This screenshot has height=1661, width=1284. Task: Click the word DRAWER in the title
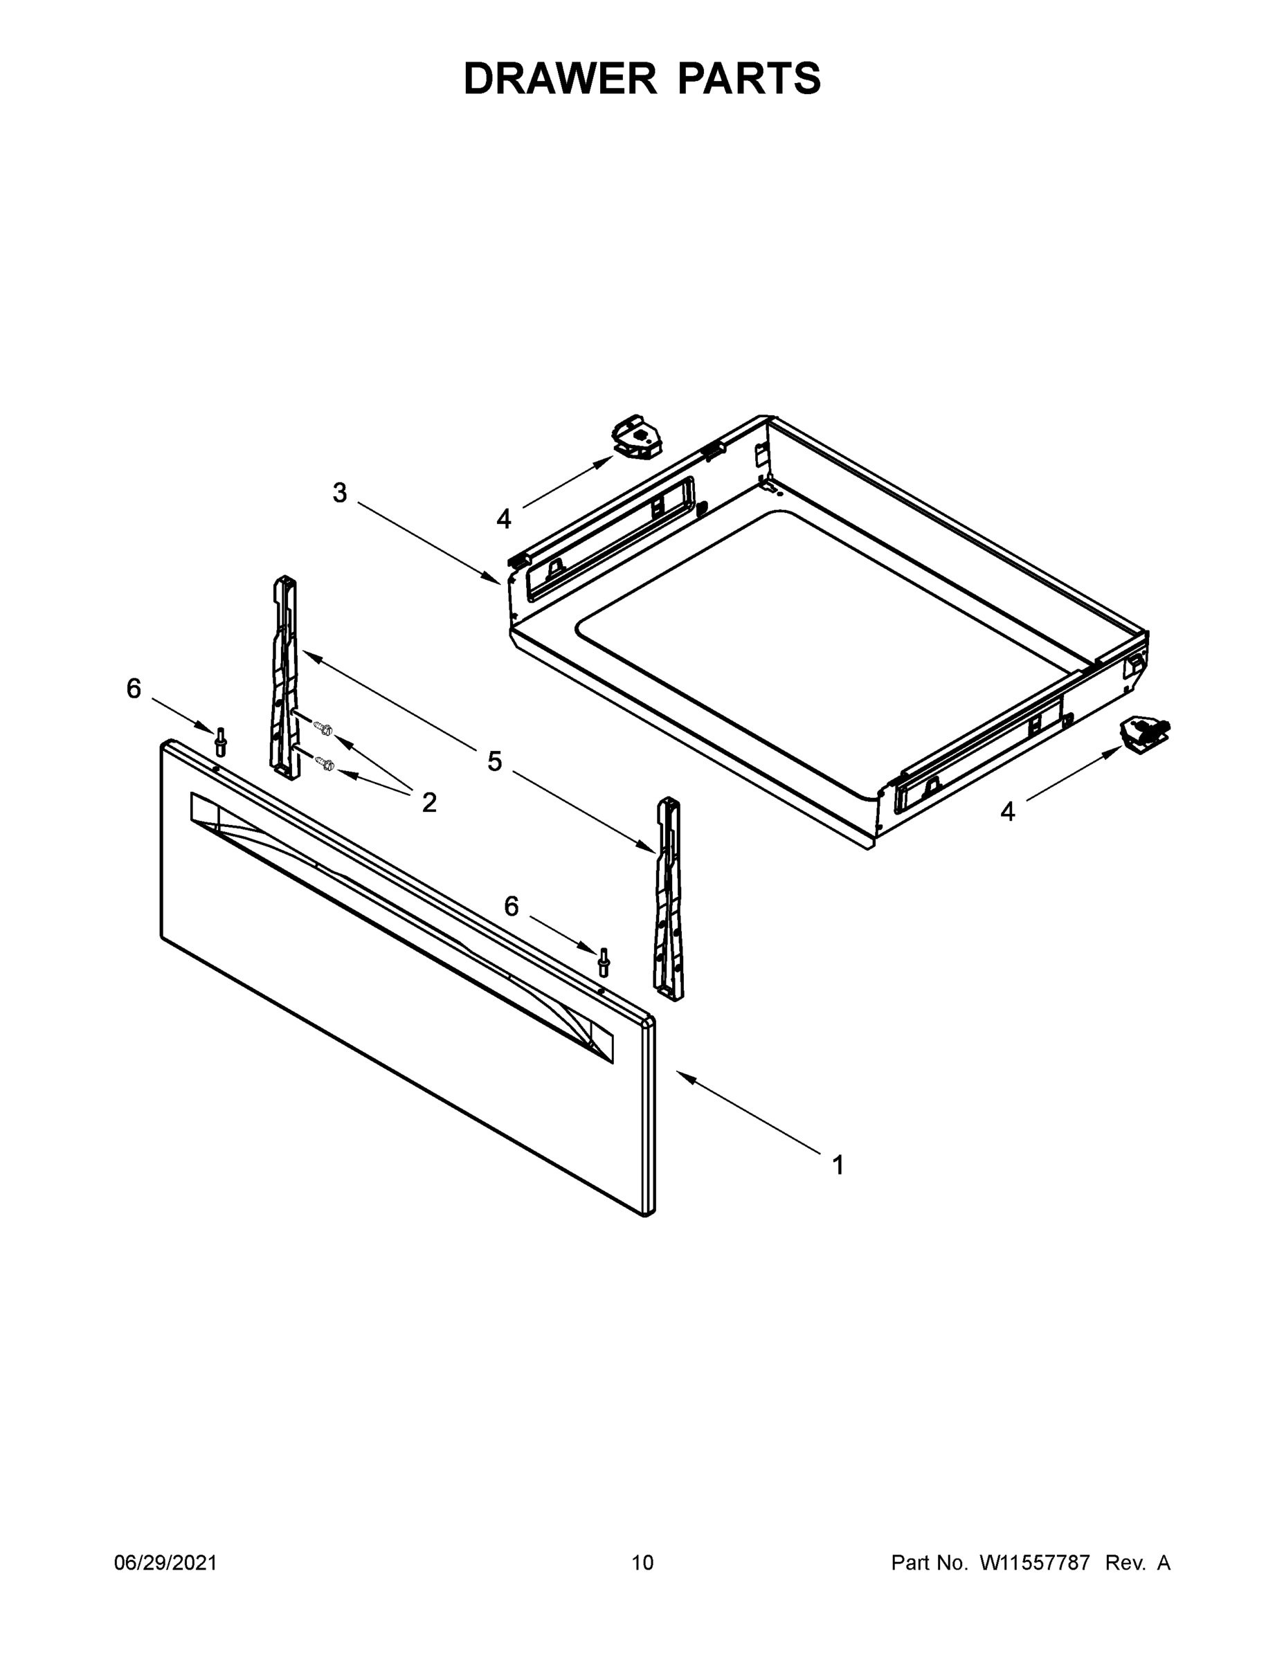[x=560, y=78]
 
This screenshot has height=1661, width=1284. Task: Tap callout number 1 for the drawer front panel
[x=838, y=1165]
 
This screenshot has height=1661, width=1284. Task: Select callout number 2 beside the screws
[x=429, y=801]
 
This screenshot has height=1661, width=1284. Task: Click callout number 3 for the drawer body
[x=340, y=493]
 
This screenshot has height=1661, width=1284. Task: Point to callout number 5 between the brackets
[x=495, y=761]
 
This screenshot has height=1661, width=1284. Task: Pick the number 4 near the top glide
[x=503, y=520]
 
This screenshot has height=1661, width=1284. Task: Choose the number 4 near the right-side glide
[x=1007, y=813]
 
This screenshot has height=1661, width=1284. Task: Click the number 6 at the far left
[x=134, y=689]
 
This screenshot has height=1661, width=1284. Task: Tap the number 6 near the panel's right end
[x=511, y=906]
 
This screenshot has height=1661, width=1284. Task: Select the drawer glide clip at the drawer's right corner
[x=1143, y=736]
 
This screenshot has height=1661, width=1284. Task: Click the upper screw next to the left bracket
[x=323, y=728]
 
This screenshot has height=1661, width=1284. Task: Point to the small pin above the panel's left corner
[x=221, y=741]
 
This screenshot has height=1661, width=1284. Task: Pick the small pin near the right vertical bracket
[x=604, y=961]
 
